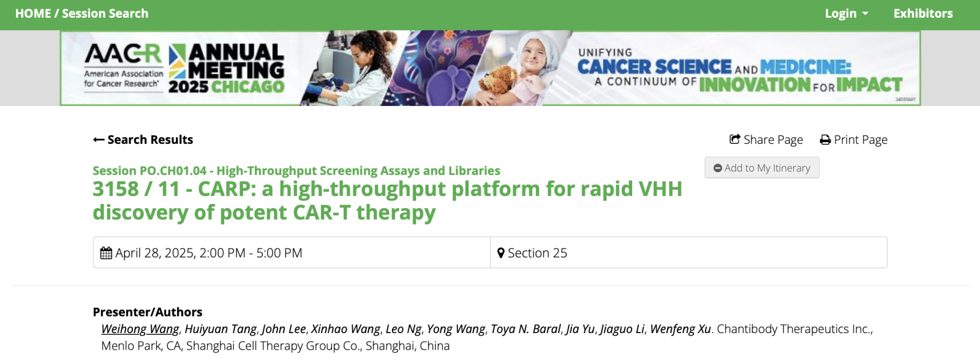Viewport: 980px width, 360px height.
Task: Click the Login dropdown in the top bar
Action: click(846, 13)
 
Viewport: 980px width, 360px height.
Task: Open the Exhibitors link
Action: click(922, 13)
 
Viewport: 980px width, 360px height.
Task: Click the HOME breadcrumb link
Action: click(33, 13)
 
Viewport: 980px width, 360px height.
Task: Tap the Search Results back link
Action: click(143, 140)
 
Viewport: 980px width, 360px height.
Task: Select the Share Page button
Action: click(766, 140)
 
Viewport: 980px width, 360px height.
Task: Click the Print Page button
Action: click(854, 140)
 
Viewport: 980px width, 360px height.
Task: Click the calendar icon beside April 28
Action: click(106, 253)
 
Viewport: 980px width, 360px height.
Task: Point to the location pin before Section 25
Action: click(501, 253)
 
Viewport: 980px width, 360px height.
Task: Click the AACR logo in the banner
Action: click(123, 66)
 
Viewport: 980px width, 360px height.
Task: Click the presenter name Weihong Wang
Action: click(140, 329)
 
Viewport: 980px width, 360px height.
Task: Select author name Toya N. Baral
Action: click(526, 329)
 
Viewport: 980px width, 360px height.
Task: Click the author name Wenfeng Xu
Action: click(680, 329)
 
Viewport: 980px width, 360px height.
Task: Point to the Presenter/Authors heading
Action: click(148, 312)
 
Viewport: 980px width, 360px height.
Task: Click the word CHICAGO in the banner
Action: click(248, 86)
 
